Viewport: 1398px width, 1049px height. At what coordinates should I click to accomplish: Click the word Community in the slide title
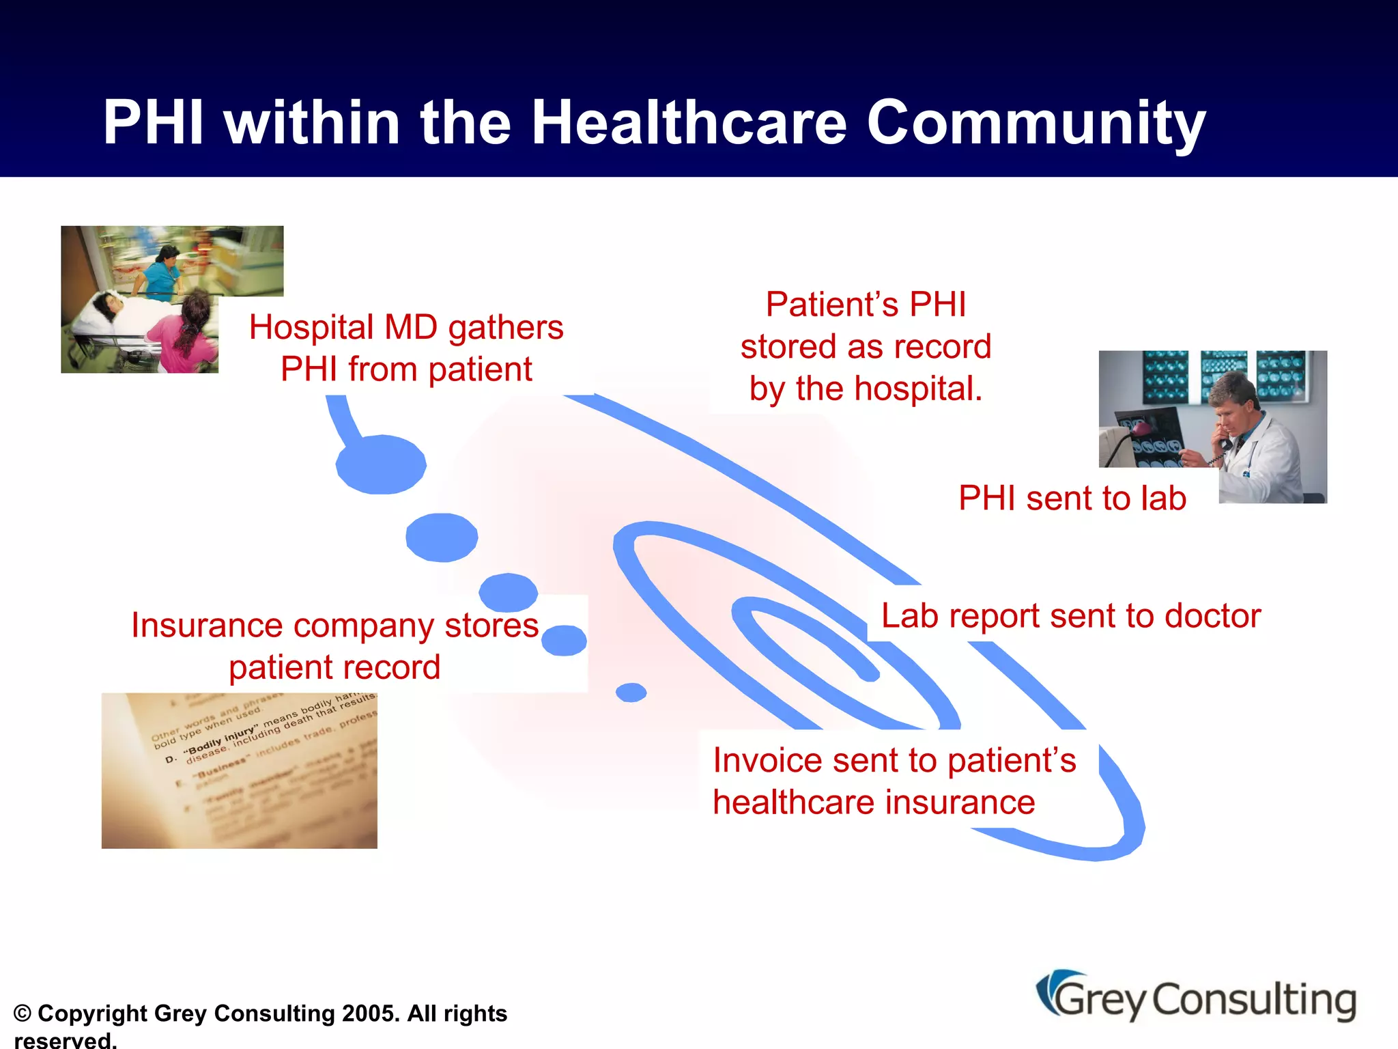pyautogui.click(x=1036, y=123)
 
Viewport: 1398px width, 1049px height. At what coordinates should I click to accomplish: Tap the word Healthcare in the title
pyautogui.click(x=689, y=123)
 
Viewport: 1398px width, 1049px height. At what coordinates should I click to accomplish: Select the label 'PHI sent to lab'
pyautogui.click(x=1072, y=498)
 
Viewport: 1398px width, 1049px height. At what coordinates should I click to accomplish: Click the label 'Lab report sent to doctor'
pyautogui.click(x=1070, y=616)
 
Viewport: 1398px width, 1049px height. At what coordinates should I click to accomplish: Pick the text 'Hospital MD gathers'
pyautogui.click(x=406, y=327)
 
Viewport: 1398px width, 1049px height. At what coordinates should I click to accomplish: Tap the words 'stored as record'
pyautogui.click(x=866, y=347)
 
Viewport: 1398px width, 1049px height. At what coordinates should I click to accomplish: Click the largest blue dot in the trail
pyautogui.click(x=381, y=464)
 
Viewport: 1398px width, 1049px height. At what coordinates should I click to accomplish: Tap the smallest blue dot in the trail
pyautogui.click(x=631, y=693)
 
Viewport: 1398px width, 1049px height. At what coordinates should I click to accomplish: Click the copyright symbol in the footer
pyautogui.click(x=23, y=1013)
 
